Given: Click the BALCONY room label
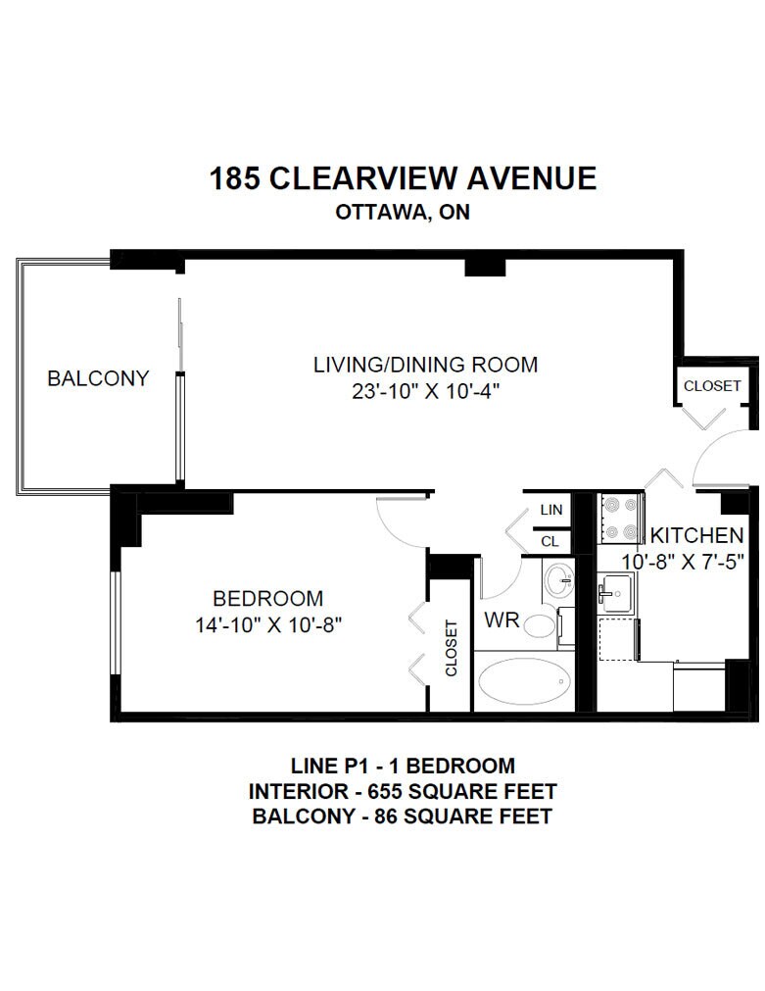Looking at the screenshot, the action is [98, 378].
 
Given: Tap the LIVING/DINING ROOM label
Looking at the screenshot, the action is [426, 365].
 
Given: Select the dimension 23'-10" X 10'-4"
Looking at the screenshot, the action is [426, 392].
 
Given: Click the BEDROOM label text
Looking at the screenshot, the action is [267, 598].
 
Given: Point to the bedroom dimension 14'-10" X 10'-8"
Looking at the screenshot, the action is [268, 625].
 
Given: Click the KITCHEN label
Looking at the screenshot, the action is [696, 535].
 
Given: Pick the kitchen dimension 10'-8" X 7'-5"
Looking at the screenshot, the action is [683, 562].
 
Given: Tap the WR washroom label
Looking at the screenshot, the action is [502, 620].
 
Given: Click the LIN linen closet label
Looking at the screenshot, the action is [551, 510].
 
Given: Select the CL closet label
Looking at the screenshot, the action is [550, 542].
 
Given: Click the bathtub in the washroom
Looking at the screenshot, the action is [525, 681].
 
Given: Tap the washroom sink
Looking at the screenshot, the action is [559, 580].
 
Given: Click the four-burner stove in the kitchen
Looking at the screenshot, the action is [621, 519].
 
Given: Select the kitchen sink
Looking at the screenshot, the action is [616, 593].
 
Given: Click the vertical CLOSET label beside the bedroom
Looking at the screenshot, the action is [451, 649].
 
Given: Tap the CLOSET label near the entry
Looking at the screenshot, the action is [712, 385].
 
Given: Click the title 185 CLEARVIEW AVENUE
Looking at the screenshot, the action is [403, 178].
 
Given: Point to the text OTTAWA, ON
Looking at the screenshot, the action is [403, 213].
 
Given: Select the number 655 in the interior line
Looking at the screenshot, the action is [385, 791].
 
